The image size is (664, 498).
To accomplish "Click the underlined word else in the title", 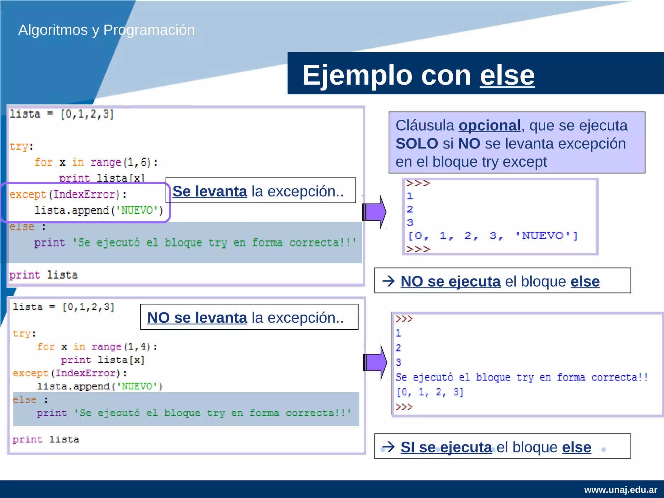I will (507, 75).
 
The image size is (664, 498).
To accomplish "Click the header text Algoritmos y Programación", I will (106, 30).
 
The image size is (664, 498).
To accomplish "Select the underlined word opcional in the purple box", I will (489, 125).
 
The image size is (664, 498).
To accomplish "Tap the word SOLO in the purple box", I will (417, 144).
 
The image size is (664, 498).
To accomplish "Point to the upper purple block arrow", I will (374, 212).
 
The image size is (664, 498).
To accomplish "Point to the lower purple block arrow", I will (375, 362).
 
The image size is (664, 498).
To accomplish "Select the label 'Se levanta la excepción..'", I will (258, 191).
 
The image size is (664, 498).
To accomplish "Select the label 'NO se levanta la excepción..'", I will (245, 317).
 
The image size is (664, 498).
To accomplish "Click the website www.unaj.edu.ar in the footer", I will (620, 490).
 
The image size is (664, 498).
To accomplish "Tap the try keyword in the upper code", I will (19, 146).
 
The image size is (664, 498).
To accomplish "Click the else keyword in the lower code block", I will (25, 400).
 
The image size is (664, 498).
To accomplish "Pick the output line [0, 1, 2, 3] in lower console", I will (430, 392).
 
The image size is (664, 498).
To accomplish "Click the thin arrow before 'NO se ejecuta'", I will (388, 281).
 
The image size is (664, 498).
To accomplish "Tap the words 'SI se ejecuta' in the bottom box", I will (446, 447).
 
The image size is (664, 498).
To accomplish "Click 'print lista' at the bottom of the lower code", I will (46, 440).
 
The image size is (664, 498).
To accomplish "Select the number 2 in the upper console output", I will (410, 209).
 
